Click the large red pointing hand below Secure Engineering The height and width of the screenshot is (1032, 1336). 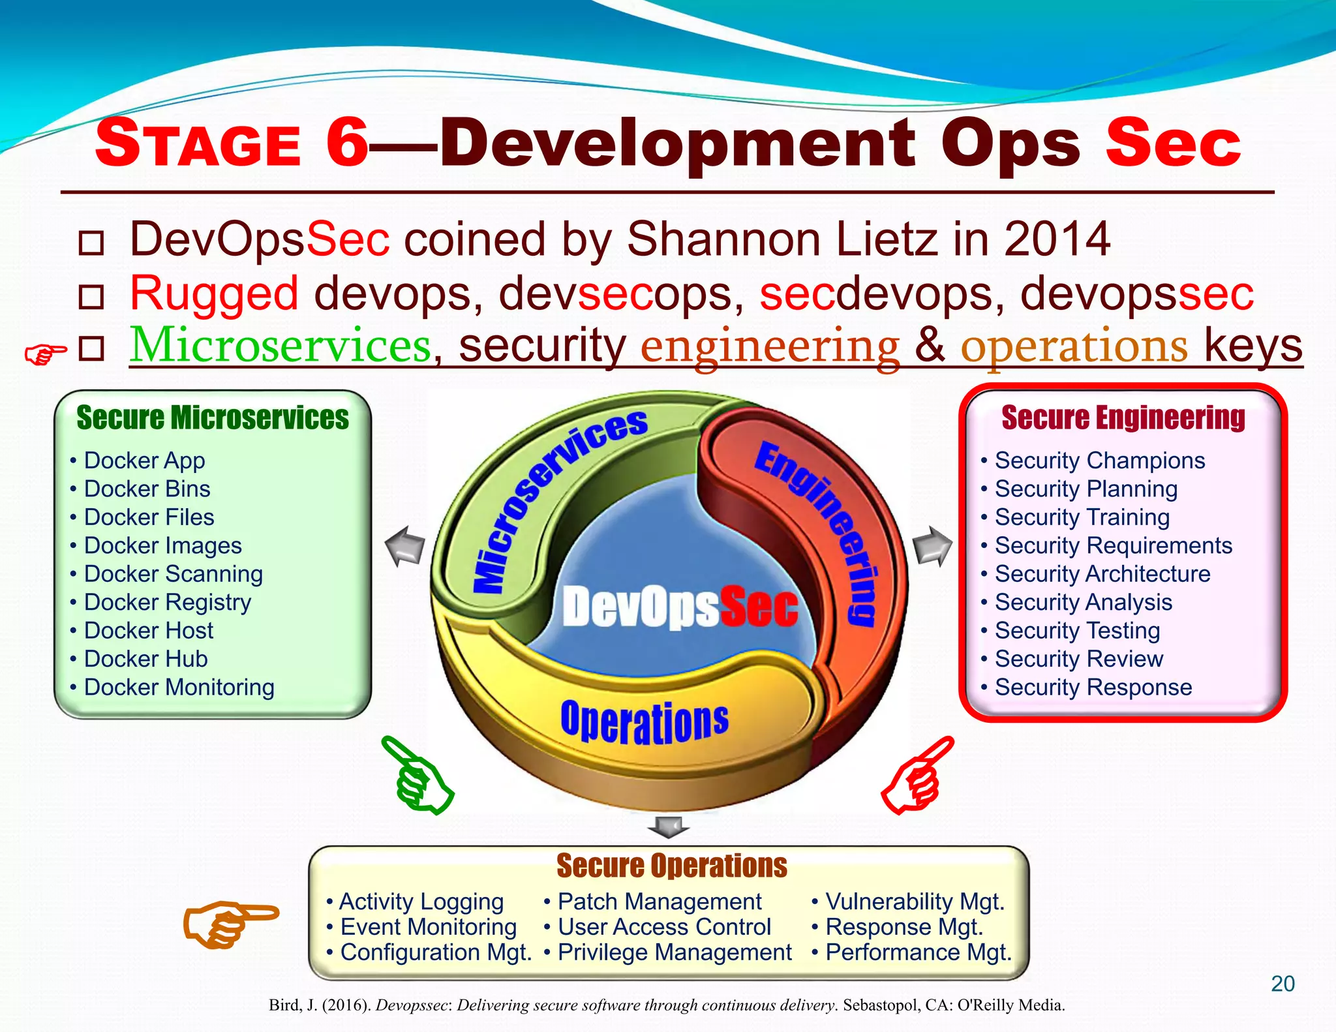point(917,776)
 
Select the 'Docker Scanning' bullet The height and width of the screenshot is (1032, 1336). point(173,574)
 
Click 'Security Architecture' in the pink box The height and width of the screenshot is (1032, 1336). point(1102,574)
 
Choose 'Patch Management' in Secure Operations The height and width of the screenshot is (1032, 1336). point(659,902)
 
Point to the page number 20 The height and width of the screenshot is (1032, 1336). point(1283,984)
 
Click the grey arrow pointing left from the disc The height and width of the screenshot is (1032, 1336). point(406,545)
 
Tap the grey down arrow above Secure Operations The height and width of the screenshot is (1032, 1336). point(668,827)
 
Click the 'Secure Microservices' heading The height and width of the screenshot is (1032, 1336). point(213,418)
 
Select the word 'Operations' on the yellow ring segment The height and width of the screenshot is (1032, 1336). point(645,721)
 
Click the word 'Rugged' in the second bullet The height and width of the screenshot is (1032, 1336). point(214,293)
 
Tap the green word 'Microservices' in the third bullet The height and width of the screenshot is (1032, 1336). point(281,345)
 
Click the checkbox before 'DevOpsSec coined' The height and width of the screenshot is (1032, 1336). point(91,243)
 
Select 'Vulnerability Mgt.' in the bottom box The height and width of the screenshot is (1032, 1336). point(914,902)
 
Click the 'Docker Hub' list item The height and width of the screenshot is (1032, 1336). point(145,659)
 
